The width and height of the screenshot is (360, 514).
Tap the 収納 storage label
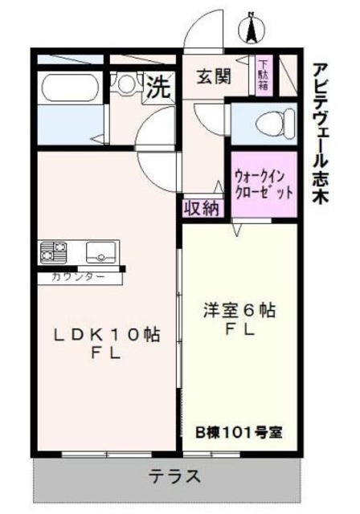pyautogui.click(x=202, y=208)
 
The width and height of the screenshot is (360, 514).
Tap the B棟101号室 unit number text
pyautogui.click(x=239, y=430)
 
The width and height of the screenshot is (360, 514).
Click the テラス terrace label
pyautogui.click(x=174, y=475)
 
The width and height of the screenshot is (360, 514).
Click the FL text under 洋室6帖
pyautogui.click(x=239, y=329)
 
